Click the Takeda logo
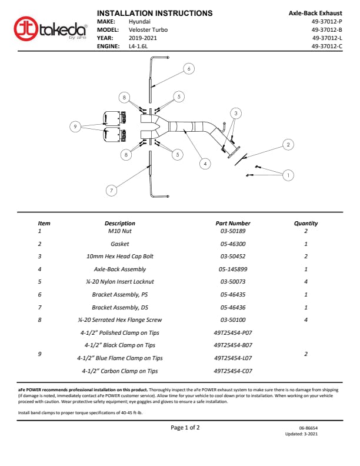(x=50, y=29)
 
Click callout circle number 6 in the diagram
(x=188, y=69)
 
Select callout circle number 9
(x=75, y=126)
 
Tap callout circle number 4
(x=204, y=164)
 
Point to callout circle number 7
(x=111, y=190)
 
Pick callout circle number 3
(x=235, y=112)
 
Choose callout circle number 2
(x=288, y=144)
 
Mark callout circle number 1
(x=288, y=175)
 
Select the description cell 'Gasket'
(x=119, y=244)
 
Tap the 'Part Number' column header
(x=233, y=224)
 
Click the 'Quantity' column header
(x=306, y=224)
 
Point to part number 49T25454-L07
(x=233, y=358)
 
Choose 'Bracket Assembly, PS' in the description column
(x=119, y=294)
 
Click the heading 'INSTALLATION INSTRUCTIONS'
(x=155, y=13)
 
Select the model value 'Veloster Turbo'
(x=147, y=29)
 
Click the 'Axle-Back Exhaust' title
(x=315, y=13)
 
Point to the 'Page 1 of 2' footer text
(x=185, y=428)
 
